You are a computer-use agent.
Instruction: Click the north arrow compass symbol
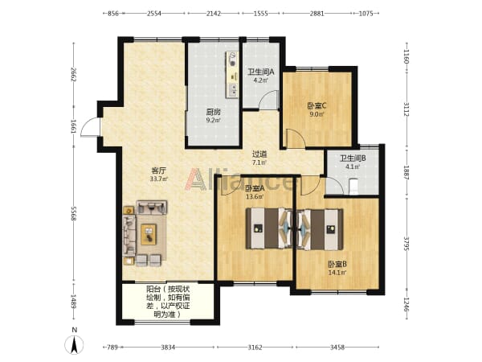click(x=74, y=344)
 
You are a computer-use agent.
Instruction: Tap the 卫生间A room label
click(x=260, y=72)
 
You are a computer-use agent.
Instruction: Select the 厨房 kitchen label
click(x=213, y=112)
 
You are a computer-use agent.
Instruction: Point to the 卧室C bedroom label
click(x=317, y=106)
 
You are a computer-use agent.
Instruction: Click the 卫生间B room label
click(x=353, y=158)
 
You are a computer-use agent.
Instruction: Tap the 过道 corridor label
click(x=259, y=154)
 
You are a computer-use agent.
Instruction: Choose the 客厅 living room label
click(x=158, y=171)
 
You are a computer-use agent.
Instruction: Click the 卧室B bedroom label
click(x=337, y=264)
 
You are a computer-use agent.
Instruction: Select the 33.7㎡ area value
click(x=158, y=179)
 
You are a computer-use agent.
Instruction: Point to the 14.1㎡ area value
click(x=337, y=273)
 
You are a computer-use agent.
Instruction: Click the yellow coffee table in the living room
click(x=149, y=235)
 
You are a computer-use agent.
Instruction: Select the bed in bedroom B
click(x=320, y=229)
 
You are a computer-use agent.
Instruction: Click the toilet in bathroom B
click(x=353, y=187)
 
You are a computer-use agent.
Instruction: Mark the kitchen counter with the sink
click(x=232, y=75)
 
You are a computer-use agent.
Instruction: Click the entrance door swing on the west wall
click(x=90, y=127)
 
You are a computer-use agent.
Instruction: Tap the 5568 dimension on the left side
click(x=73, y=214)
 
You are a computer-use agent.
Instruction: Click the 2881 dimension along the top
click(x=317, y=13)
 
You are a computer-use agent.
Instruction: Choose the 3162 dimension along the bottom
click(x=255, y=348)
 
